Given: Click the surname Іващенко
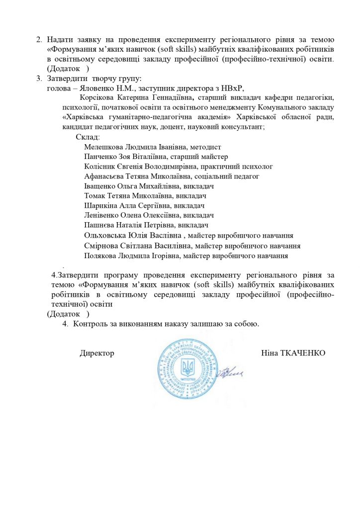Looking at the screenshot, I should (101, 186).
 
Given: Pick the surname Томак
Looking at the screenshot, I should (94, 196).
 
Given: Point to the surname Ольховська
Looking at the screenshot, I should (104, 236).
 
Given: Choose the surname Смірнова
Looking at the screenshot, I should (101, 246).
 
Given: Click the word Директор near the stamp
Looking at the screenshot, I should (97, 353).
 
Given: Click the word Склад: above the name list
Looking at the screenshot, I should (88, 137).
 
